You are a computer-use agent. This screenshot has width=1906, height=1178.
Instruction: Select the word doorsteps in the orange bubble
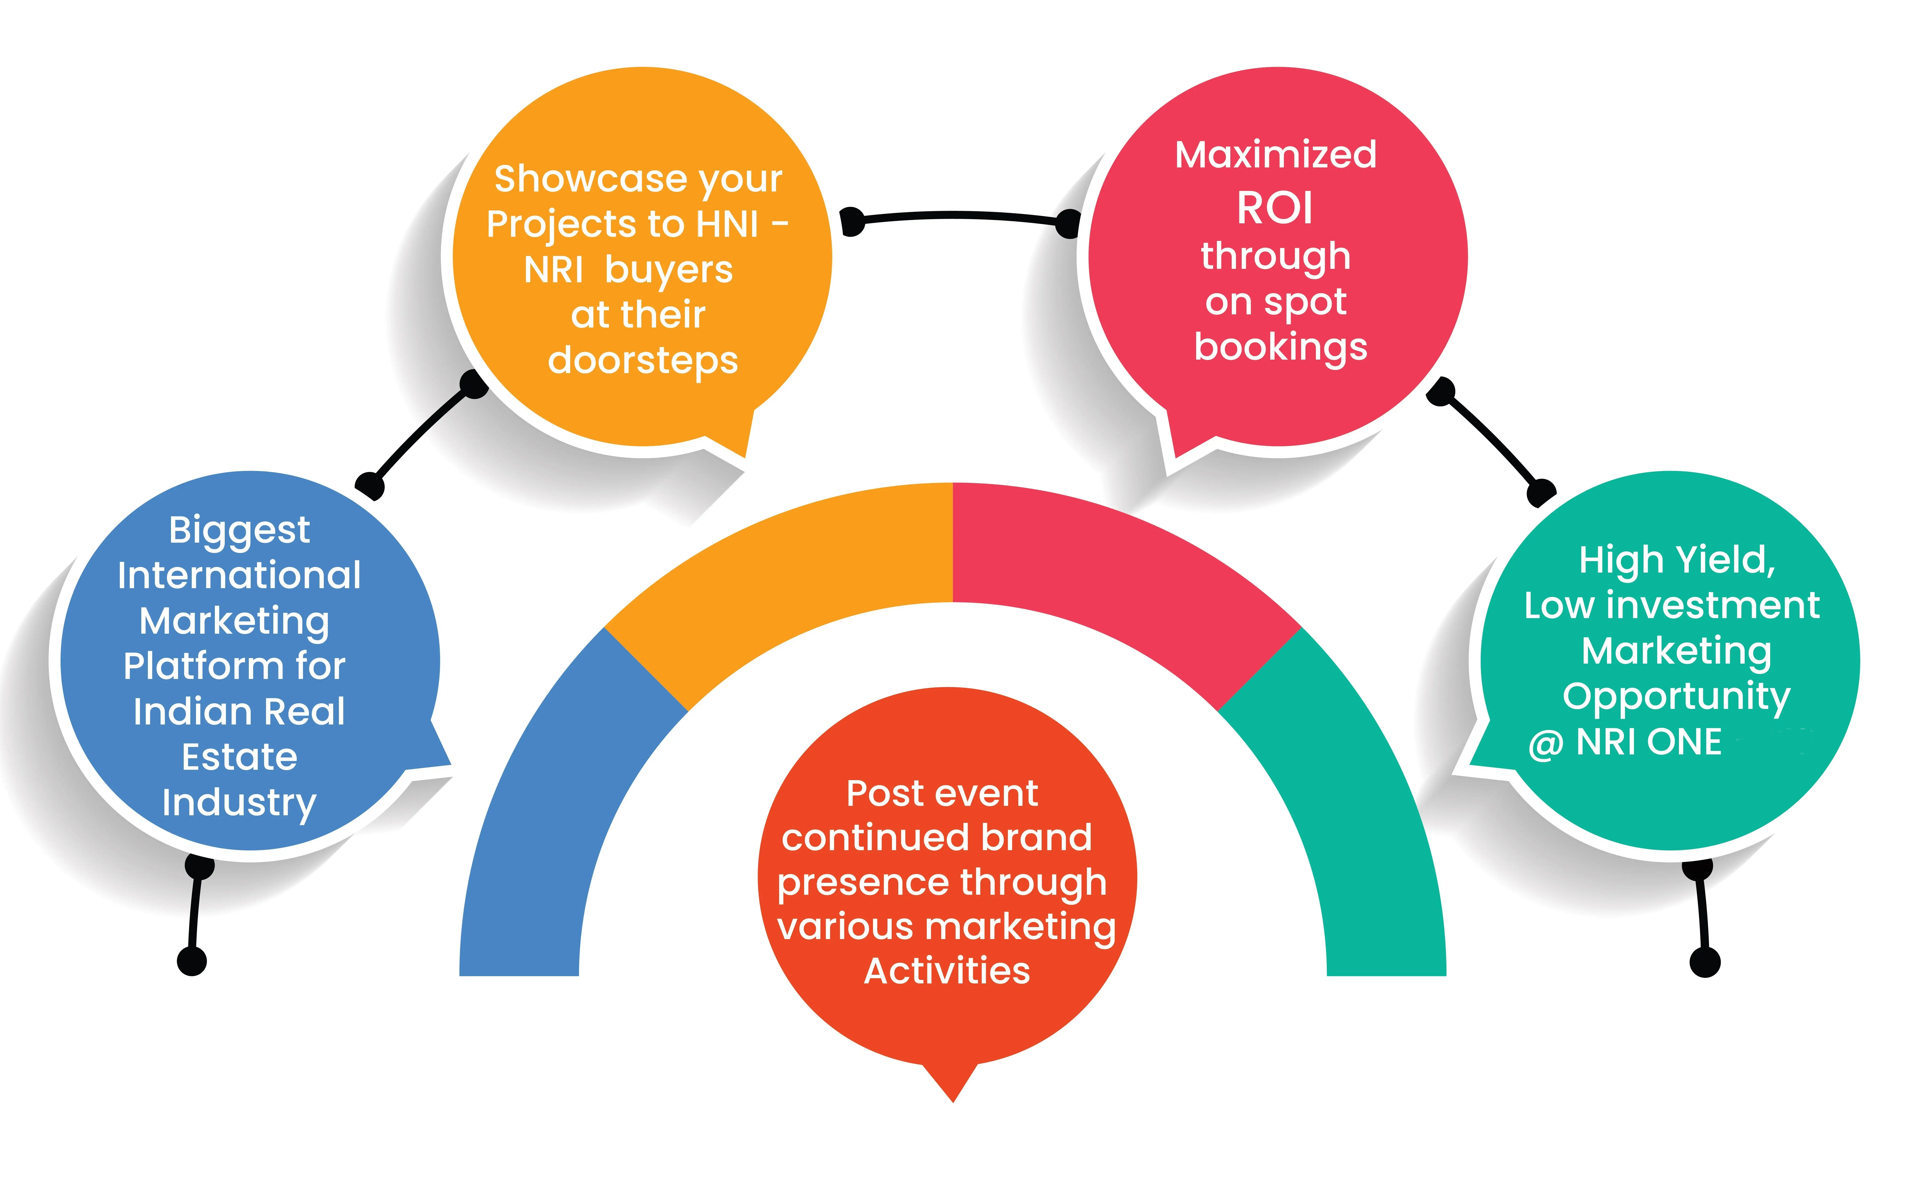643,361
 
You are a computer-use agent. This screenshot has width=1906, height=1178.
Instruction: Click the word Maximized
1275,154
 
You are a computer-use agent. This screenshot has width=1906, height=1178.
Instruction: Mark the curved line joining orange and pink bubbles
958,215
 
